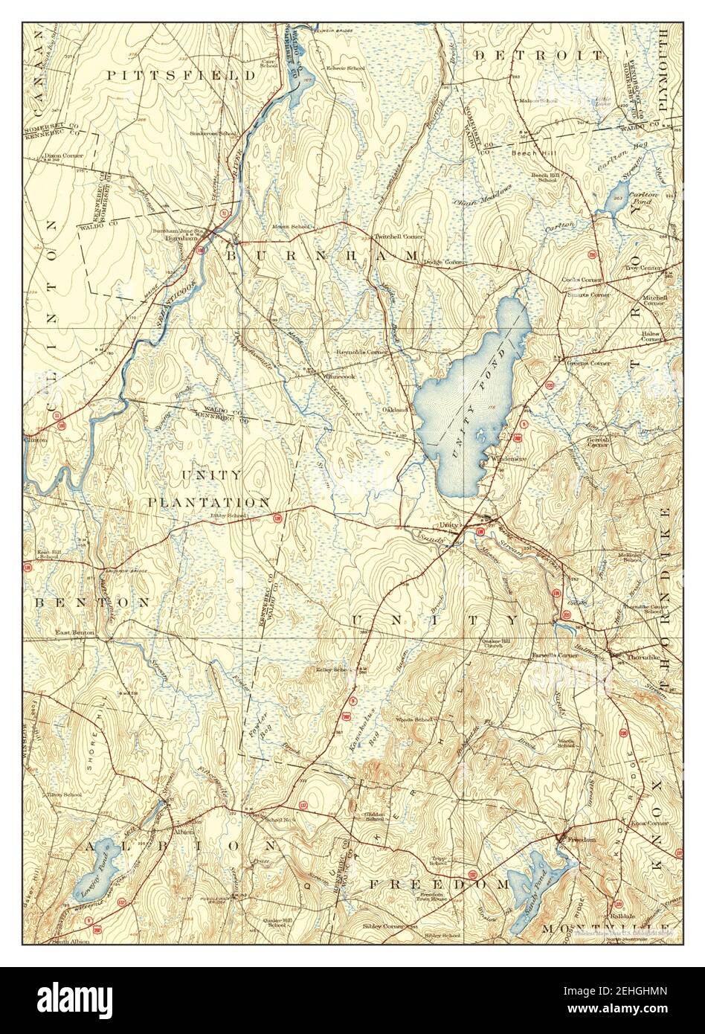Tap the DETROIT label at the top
tap(539, 56)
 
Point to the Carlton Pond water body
tap(617, 199)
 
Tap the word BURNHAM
tap(321, 255)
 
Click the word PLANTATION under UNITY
tap(208, 503)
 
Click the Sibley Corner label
tap(383, 926)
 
